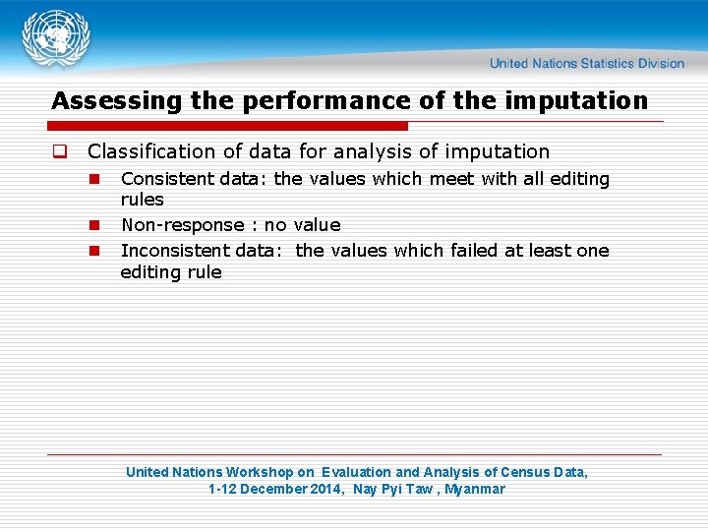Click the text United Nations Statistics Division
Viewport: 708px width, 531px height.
click(x=586, y=63)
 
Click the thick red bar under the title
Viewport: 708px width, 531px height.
click(x=229, y=126)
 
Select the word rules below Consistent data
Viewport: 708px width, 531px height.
click(x=142, y=200)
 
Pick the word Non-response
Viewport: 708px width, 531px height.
click(x=181, y=225)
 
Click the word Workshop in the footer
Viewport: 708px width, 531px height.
click(x=261, y=472)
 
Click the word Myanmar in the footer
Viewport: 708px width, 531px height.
click(x=474, y=489)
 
